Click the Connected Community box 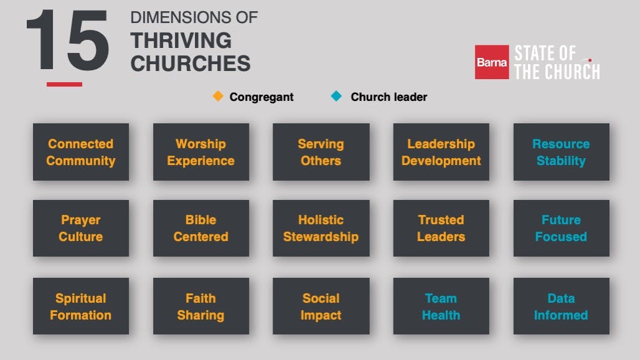81,152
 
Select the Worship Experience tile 201,152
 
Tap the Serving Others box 321,152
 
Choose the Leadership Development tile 441,152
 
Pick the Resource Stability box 561,152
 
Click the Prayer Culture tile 81,228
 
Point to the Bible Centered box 201,228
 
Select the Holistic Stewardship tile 321,228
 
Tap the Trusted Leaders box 441,228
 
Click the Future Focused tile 561,228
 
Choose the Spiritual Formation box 81,306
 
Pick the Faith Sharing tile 201,306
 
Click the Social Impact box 321,306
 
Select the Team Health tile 441,306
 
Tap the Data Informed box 561,306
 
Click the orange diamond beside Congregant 218,96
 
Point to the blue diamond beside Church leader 336,96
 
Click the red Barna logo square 492,62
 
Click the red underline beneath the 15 64,84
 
